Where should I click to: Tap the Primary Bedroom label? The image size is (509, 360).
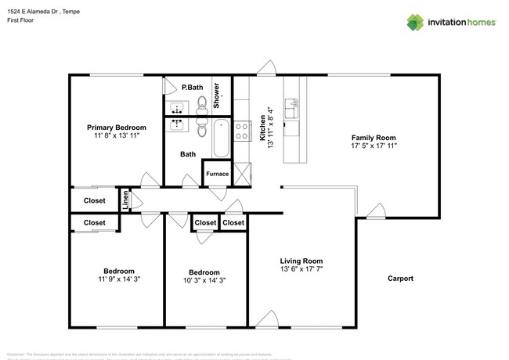[x=116, y=127]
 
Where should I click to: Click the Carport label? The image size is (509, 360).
[x=399, y=279]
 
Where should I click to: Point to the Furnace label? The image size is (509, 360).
[x=217, y=174]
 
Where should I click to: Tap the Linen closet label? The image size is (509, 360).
[x=125, y=200]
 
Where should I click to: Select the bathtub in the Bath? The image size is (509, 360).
[x=221, y=138]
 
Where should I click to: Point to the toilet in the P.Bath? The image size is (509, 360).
[x=202, y=102]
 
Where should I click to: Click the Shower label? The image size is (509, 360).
[x=217, y=94]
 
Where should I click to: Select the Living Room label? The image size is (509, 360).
[x=301, y=261]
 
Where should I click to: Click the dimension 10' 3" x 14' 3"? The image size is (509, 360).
[x=204, y=279]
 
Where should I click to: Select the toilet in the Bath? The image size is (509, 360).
[x=202, y=128]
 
